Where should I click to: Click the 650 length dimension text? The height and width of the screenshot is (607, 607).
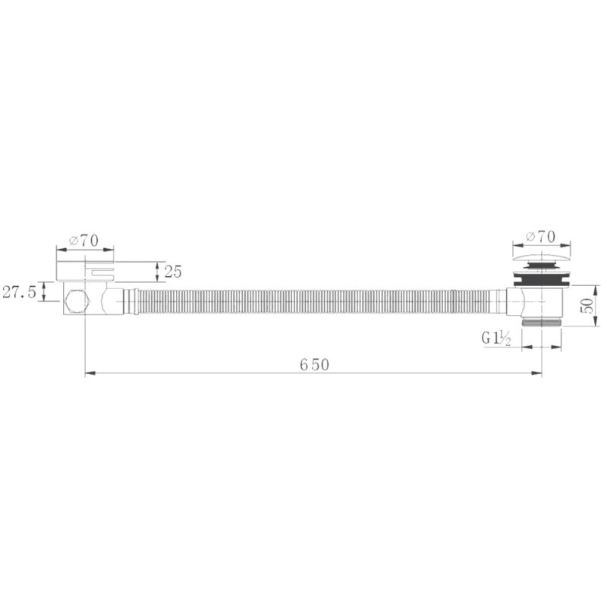(x=314, y=365)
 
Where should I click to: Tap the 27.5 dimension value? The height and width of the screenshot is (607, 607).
(x=19, y=291)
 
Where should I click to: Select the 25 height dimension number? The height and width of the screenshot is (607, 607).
(x=173, y=272)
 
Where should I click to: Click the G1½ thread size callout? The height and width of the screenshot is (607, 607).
(x=496, y=338)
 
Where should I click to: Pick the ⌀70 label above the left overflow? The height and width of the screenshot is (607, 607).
(x=83, y=241)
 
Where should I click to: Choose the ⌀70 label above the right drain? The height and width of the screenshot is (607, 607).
(x=540, y=237)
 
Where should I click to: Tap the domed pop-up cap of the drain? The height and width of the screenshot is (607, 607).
(x=542, y=258)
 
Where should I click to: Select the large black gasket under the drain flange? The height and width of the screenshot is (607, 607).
(x=542, y=281)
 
